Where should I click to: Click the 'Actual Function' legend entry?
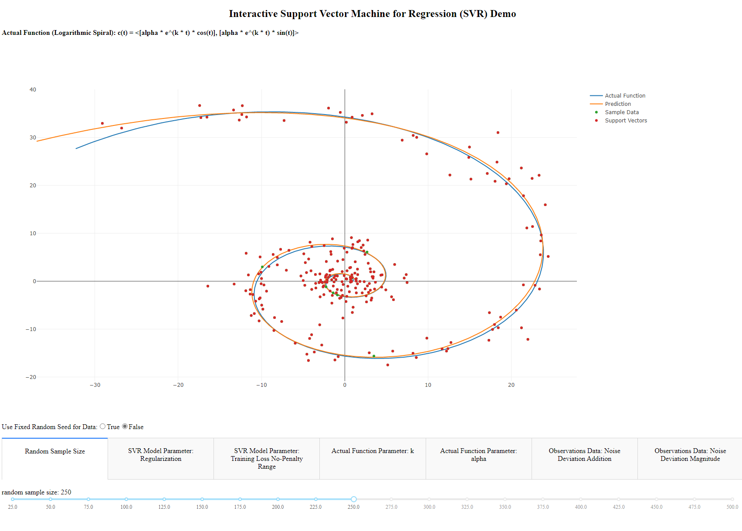[625, 96]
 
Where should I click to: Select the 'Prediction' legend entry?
[617, 104]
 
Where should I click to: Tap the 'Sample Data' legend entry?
[621, 112]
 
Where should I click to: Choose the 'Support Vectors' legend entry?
[626, 121]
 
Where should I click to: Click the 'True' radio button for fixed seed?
[103, 426]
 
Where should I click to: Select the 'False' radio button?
[125, 426]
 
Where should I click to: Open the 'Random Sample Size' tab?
[55, 452]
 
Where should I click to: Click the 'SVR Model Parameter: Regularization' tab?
[161, 455]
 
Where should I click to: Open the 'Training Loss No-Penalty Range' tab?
[267, 459]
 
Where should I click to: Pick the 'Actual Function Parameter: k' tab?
[373, 451]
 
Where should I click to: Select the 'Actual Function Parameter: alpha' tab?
[478, 455]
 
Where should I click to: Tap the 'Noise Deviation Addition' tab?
[584, 455]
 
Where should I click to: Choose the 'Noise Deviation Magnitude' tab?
[690, 455]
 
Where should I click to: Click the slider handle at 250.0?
[354, 499]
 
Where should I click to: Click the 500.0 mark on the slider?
[732, 499]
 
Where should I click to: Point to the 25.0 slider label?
[13, 507]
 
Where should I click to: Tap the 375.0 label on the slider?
[543, 507]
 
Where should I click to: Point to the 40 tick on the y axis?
[33, 90]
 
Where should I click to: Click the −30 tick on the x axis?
[95, 385]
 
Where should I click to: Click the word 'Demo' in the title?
[503, 14]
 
